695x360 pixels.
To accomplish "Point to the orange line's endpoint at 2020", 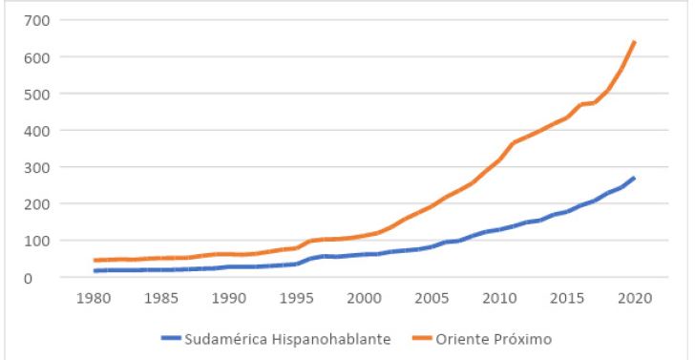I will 635,42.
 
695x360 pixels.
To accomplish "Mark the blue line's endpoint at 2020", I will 635,178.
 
